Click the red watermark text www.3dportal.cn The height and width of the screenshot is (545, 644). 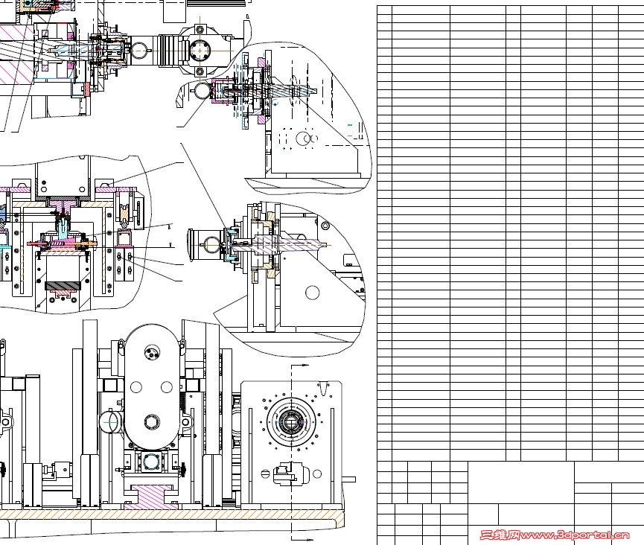pyautogui.click(x=575, y=535)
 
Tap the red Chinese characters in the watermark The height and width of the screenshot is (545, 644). pyautogui.click(x=500, y=535)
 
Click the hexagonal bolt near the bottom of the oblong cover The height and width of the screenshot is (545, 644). pyautogui.click(x=152, y=421)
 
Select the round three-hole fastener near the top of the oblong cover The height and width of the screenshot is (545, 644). pyautogui.click(x=152, y=352)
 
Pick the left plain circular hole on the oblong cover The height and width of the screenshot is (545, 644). pyautogui.click(x=136, y=387)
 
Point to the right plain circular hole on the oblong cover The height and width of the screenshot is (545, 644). pyautogui.click(x=166, y=387)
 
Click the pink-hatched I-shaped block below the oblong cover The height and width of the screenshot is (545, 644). pyautogui.click(x=151, y=496)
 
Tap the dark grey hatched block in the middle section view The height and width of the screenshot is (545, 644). pyautogui.click(x=62, y=285)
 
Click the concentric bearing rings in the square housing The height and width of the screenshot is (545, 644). pyautogui.click(x=292, y=421)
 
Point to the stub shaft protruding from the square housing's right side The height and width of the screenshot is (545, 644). pyautogui.click(x=348, y=479)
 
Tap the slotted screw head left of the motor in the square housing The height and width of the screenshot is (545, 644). pyautogui.click(x=265, y=474)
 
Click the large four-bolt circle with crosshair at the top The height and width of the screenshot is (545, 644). pyautogui.click(x=200, y=51)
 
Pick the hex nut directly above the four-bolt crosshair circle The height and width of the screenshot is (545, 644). pyautogui.click(x=200, y=30)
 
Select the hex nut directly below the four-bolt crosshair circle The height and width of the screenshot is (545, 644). pyautogui.click(x=200, y=72)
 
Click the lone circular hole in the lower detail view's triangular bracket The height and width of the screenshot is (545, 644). pyautogui.click(x=312, y=293)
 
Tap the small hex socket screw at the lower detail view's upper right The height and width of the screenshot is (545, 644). pyautogui.click(x=325, y=226)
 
